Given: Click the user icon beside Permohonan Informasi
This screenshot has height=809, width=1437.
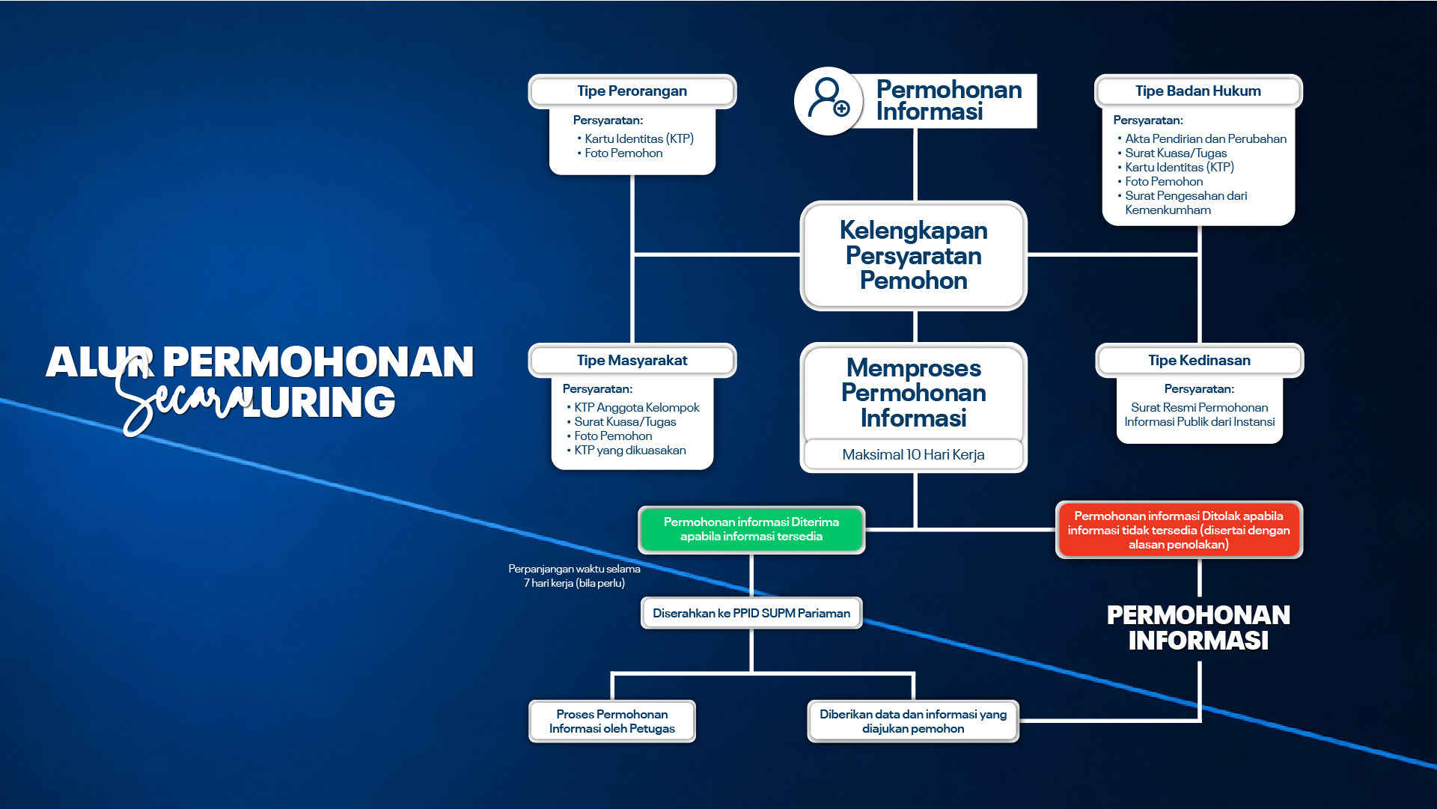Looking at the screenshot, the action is coord(829,101).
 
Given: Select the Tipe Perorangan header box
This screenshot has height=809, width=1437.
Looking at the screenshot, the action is coord(632,91).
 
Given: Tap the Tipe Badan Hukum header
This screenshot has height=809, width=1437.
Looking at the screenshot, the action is coord(1198,91).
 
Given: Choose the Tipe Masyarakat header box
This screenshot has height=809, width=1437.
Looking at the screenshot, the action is coord(632,361).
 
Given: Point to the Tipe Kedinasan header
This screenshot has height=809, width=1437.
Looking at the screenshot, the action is coord(1200,361).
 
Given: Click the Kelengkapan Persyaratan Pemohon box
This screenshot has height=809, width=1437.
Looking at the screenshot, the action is coord(914,256).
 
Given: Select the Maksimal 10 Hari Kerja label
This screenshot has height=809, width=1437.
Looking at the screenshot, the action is coord(914,455).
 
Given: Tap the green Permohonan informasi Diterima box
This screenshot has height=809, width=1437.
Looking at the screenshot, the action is coord(751,530).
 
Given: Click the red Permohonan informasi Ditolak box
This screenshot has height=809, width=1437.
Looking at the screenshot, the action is coord(1179,530).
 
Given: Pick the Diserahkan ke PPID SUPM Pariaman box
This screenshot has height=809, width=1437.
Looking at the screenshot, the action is coord(751,614).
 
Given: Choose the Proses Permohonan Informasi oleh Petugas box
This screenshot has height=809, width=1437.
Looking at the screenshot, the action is coord(612,721).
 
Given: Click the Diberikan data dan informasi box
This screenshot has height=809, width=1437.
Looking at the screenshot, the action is coord(913,721).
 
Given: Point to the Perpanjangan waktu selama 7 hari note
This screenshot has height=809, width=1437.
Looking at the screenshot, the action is coord(574,576).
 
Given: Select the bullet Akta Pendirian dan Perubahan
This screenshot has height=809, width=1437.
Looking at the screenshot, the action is coord(1202,139).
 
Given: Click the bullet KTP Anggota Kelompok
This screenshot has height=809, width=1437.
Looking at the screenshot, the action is coord(633,408).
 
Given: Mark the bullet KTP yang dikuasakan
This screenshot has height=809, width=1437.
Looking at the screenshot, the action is coord(626,451).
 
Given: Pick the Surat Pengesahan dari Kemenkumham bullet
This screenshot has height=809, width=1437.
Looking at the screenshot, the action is coord(1183,203).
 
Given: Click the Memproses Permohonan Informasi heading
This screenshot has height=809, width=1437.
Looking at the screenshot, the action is coord(914,393).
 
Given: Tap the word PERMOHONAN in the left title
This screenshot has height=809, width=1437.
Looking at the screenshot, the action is coord(318,362).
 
